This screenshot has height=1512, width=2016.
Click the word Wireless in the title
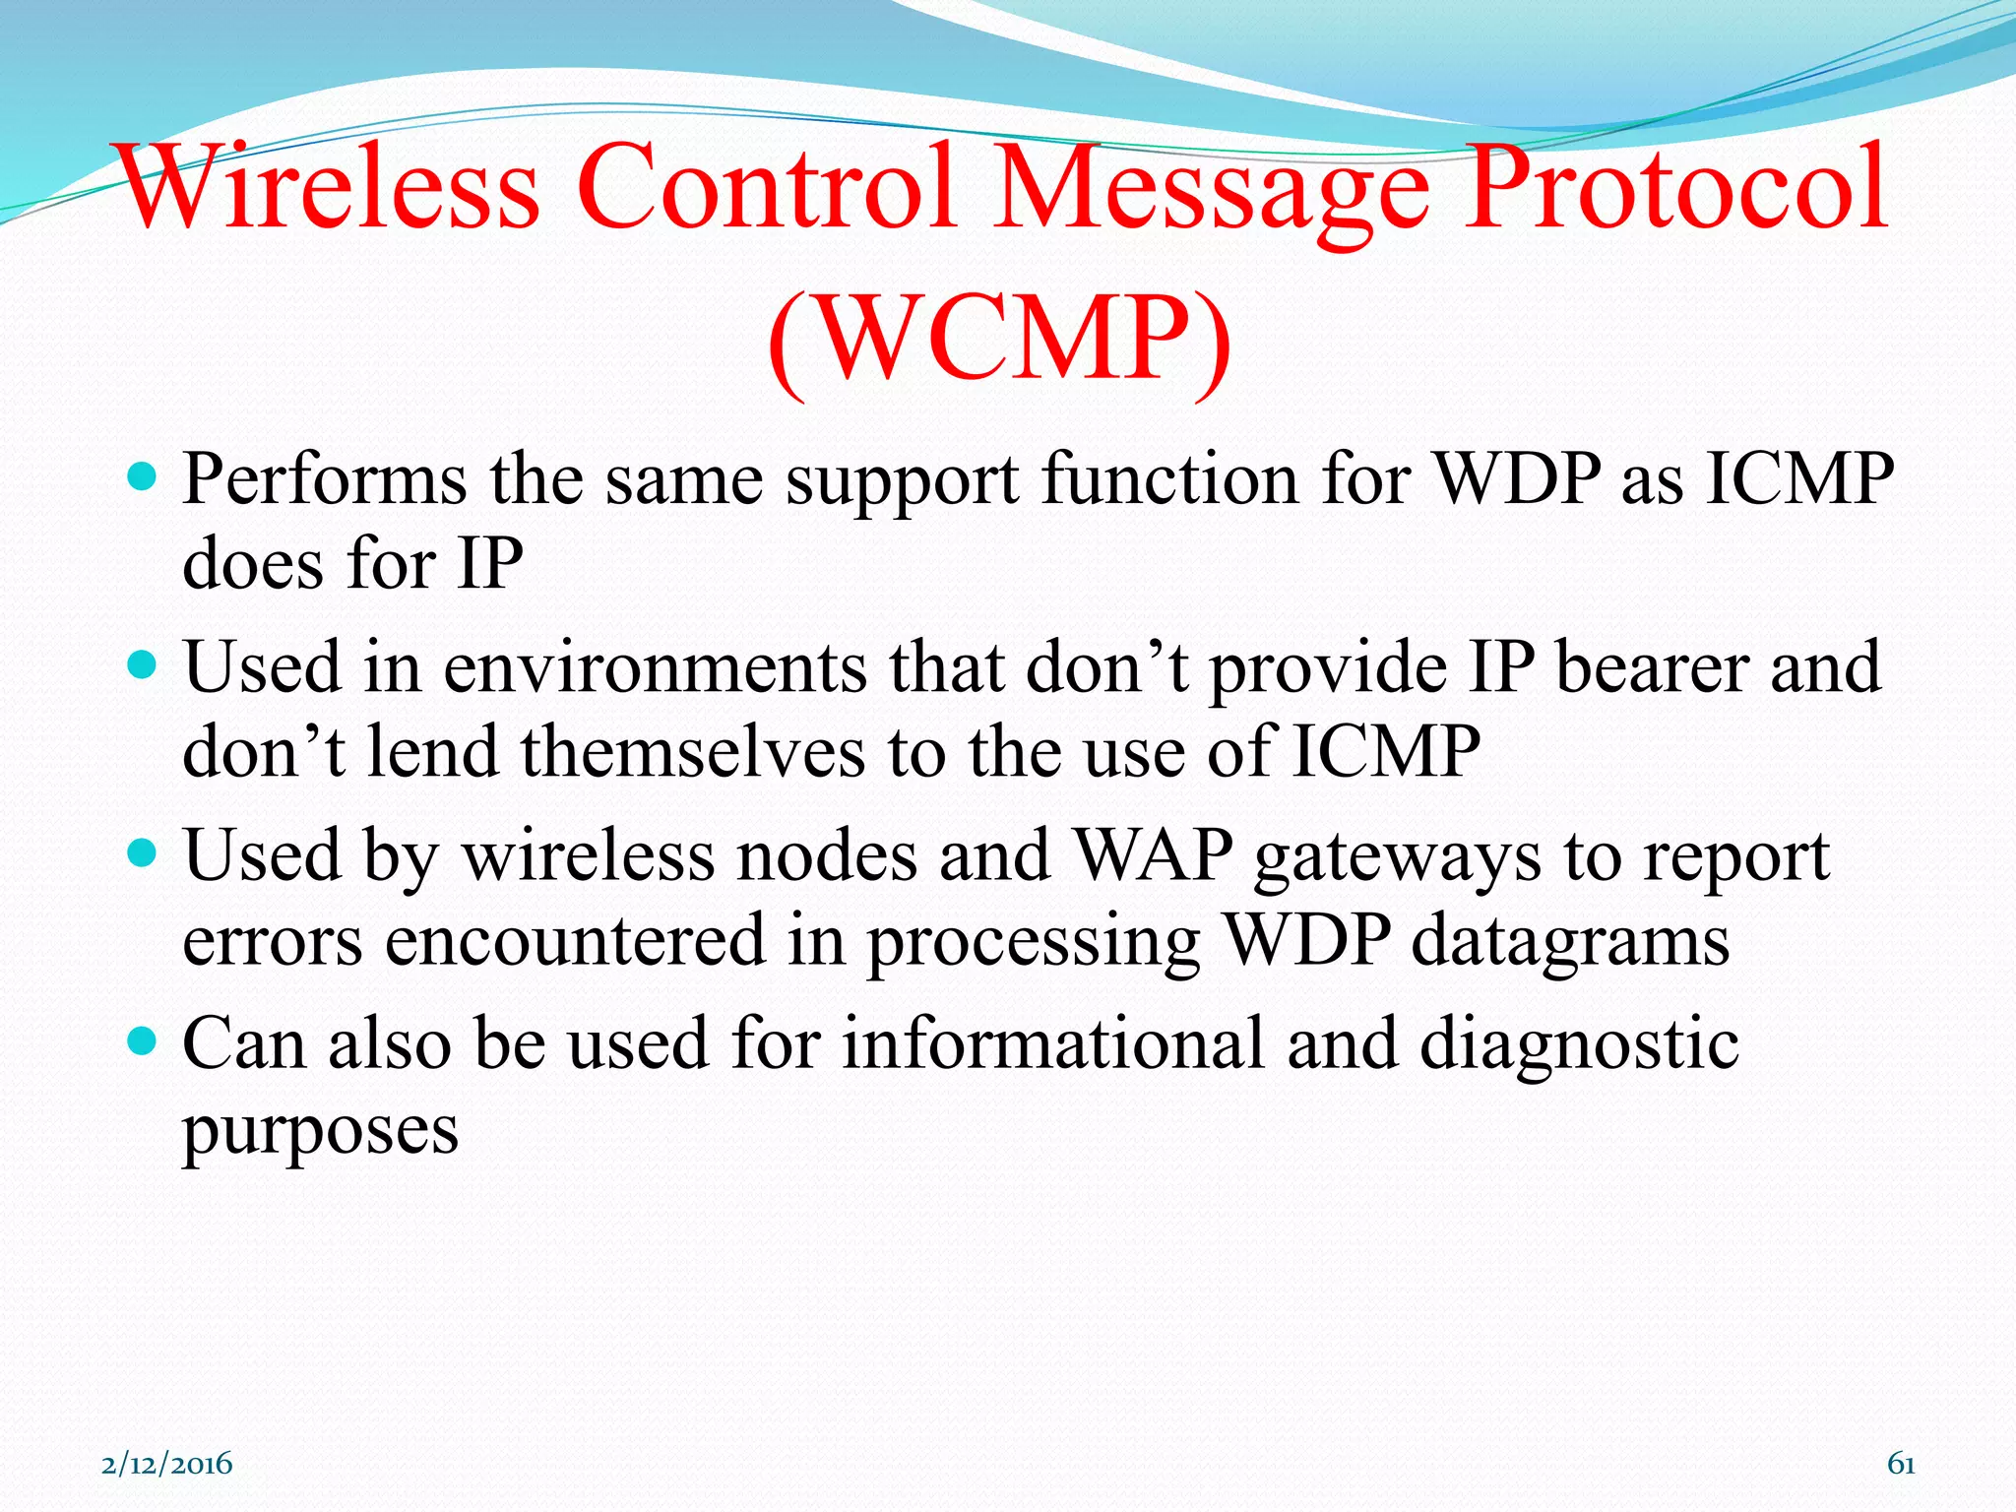[x=329, y=187]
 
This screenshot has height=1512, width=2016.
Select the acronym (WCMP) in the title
[x=998, y=340]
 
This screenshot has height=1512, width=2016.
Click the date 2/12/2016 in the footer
[x=167, y=1464]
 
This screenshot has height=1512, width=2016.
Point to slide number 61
[x=1900, y=1464]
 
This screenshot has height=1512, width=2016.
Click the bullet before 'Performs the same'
[x=143, y=479]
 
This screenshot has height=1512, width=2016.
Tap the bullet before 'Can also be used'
[x=143, y=1042]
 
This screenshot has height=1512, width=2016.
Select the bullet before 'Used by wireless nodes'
[x=143, y=853]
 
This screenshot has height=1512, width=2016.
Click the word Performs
[x=325, y=480]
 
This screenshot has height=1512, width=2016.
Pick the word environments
[x=655, y=667]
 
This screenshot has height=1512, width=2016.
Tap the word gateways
[x=1397, y=856]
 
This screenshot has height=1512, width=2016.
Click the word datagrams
[x=1570, y=941]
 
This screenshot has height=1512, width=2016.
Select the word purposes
[x=320, y=1130]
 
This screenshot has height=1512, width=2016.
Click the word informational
[x=1052, y=1043]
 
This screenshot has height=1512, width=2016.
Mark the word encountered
[x=575, y=939]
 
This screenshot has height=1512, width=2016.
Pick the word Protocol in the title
[x=1674, y=187]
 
